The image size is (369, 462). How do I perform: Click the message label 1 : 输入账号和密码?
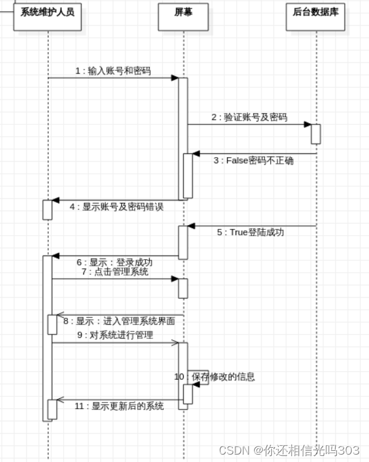[x=113, y=71]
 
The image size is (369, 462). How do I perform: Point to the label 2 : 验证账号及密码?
[x=249, y=117]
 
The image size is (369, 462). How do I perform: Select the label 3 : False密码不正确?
[x=253, y=161]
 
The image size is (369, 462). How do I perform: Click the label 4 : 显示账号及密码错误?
[x=116, y=207]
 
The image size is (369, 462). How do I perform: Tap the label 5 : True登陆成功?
[x=250, y=233]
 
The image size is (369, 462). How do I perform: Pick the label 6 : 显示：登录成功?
[x=115, y=262]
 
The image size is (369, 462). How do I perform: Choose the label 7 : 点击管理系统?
[x=114, y=272]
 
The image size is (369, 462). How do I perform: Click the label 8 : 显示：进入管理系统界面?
[x=119, y=321]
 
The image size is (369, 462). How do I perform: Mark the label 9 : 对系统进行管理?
[x=115, y=335]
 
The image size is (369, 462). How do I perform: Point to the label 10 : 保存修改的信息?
[x=214, y=377]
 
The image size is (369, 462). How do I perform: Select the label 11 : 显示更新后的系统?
[x=119, y=406]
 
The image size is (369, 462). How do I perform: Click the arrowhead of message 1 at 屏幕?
[x=175, y=78]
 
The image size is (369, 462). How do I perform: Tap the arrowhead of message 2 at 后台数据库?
[x=307, y=124]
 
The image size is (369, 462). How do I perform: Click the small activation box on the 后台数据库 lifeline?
[x=316, y=134]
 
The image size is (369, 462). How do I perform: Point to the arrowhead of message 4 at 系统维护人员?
[x=56, y=200]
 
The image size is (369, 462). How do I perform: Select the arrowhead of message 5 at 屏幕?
[x=192, y=226]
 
